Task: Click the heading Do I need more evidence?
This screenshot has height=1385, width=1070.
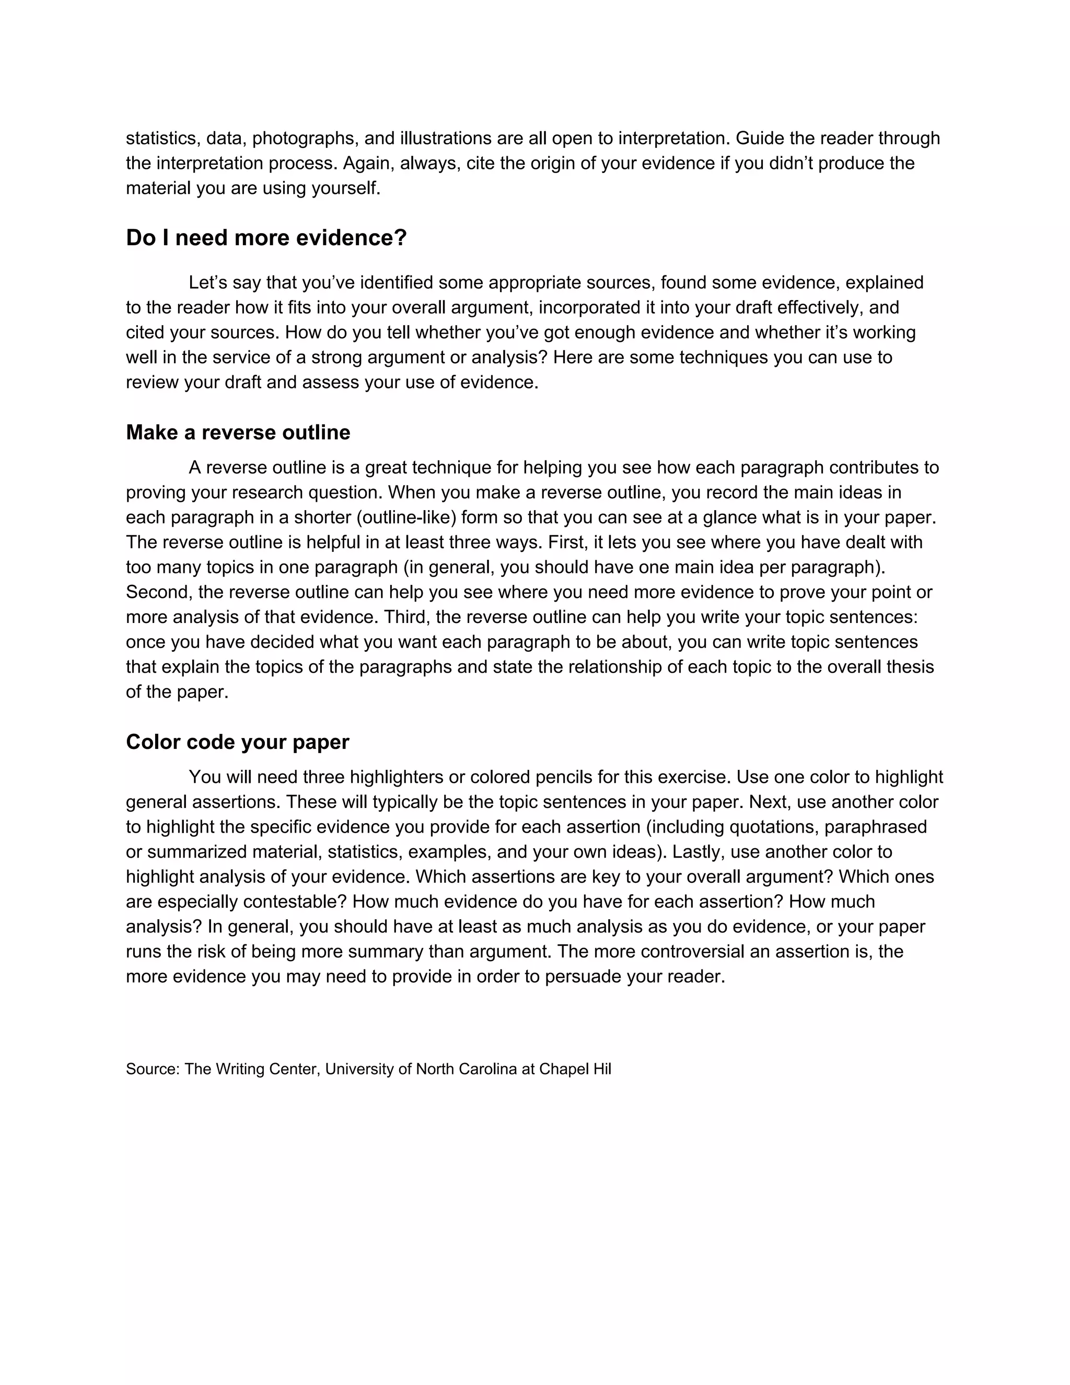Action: click(266, 238)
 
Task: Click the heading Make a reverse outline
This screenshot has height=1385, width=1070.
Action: click(238, 433)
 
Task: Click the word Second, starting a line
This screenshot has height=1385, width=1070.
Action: click(159, 592)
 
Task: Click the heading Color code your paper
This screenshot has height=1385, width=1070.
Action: click(238, 742)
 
